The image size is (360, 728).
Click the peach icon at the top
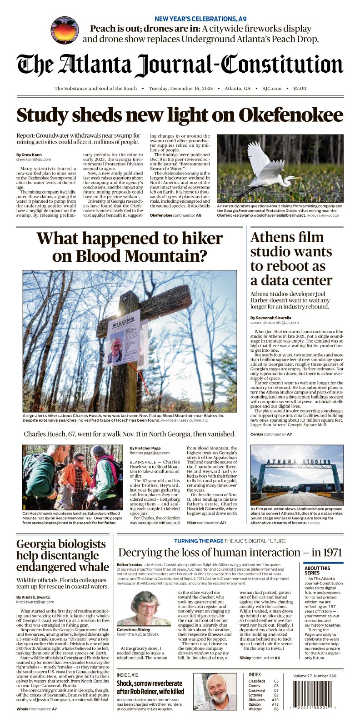tap(65, 30)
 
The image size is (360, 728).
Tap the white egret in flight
tap(267, 169)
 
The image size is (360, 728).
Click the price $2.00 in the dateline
tap(300, 89)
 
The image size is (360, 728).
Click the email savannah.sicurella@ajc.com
tap(275, 323)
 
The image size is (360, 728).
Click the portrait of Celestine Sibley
tap(144, 608)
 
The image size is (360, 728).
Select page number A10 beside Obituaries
tap(275, 700)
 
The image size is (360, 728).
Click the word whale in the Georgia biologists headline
tap(92, 567)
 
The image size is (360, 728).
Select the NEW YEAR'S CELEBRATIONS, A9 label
tap(200, 19)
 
